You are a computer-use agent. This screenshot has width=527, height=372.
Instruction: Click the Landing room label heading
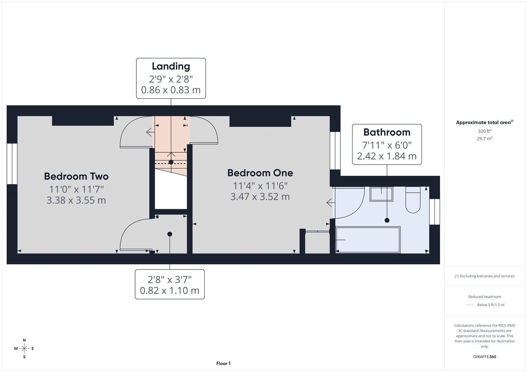(171, 66)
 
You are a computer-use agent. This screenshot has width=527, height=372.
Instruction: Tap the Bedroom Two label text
(76, 176)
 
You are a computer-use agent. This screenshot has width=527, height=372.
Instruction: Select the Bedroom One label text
(260, 173)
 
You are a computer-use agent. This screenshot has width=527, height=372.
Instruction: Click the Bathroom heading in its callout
(387, 132)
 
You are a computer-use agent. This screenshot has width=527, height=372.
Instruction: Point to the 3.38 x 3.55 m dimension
(76, 200)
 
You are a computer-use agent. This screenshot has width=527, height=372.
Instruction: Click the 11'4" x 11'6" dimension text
(260, 186)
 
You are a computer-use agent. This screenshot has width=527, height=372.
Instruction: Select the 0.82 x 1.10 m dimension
(170, 290)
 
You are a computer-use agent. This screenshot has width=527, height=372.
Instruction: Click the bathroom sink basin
(381, 194)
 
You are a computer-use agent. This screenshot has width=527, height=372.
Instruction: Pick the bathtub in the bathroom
(368, 240)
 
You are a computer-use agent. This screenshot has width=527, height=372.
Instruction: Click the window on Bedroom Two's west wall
(12, 163)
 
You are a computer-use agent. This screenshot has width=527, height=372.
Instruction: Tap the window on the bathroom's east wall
(435, 212)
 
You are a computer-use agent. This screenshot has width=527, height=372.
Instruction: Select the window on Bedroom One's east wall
(335, 151)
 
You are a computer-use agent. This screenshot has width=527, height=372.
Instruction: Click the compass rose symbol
(24, 348)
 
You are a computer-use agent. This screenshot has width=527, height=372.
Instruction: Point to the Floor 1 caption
(223, 363)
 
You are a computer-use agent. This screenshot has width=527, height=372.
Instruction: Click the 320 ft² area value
(485, 131)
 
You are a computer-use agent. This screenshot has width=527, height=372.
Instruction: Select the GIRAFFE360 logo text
(485, 357)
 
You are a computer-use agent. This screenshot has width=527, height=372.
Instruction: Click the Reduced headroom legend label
(485, 297)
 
